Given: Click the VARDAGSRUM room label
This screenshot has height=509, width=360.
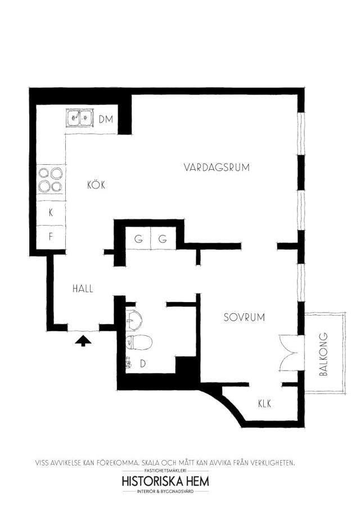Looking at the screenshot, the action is tap(217, 168).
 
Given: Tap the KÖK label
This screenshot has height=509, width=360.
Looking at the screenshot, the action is tap(96, 184).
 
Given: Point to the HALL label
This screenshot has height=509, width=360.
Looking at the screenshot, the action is tap(83, 289).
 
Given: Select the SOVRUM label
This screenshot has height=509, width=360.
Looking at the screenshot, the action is tap(245, 317).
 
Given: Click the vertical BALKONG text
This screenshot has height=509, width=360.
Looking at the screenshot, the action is tap(323, 354).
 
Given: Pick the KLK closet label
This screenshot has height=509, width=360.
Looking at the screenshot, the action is tap(264, 404).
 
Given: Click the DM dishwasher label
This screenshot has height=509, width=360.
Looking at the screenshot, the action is tap(106, 119).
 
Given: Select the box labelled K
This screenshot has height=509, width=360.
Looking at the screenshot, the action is tap(51, 213).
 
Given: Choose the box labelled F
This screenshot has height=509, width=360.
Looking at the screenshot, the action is tap(51, 237).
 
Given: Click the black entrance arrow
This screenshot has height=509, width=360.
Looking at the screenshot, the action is tap(83, 341).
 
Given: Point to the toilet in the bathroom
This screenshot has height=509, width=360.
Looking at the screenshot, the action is tap(138, 342).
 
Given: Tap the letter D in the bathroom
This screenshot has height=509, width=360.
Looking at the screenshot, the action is tap(143, 364).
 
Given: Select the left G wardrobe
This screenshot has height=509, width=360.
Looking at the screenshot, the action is tap(138, 238).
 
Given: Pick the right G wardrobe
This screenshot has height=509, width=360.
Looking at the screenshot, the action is tap(163, 238).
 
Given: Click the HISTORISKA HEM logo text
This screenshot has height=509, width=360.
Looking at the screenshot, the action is tap(165, 481).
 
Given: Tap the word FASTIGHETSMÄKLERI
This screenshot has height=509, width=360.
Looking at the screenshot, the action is tap(165, 470).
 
